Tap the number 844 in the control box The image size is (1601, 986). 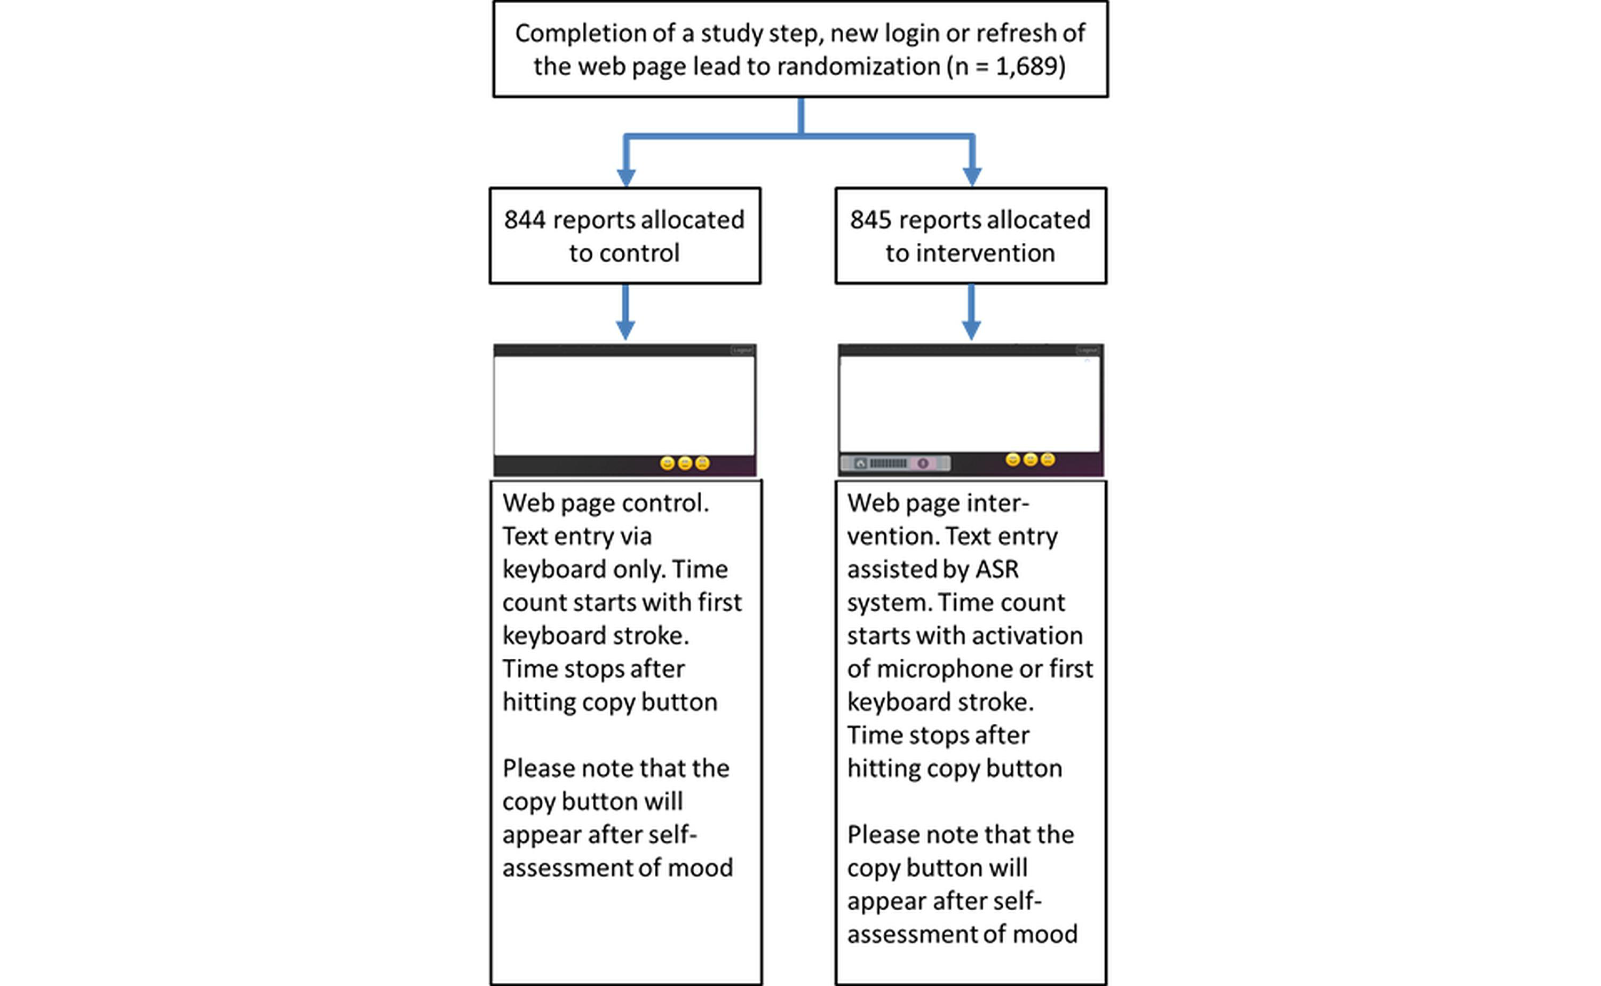525,220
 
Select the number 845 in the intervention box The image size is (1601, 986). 870,220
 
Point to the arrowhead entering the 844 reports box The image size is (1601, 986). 626,177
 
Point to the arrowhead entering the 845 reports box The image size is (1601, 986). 972,177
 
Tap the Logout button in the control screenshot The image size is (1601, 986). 742,351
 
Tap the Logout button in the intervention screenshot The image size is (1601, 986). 1087,351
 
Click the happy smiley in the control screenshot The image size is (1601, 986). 667,463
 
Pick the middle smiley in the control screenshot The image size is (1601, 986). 685,463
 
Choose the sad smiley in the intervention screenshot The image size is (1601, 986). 1048,460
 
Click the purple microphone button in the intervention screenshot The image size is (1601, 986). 922,463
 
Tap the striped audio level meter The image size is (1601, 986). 888,463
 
